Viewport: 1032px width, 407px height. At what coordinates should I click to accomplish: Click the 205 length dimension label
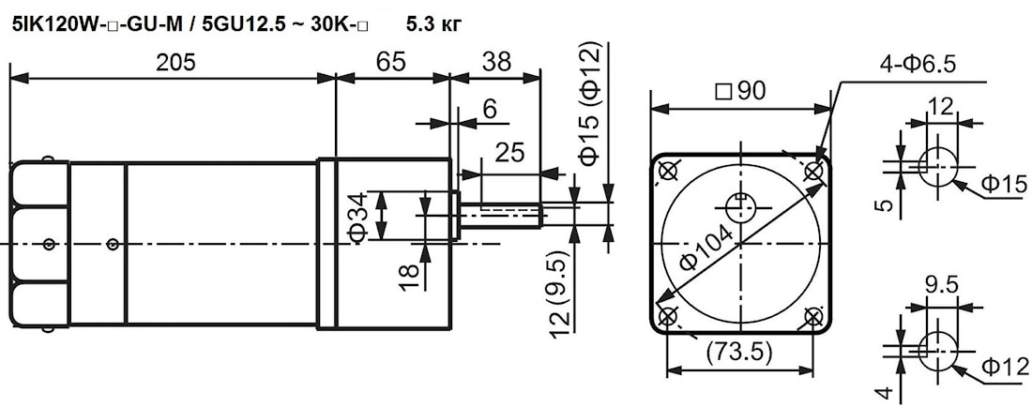pyautogui.click(x=175, y=63)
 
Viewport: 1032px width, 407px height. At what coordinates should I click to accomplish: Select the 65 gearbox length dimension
pyautogui.click(x=390, y=63)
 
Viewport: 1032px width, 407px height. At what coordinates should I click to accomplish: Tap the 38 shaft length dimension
pyautogui.click(x=496, y=63)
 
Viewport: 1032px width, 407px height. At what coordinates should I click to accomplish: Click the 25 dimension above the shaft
pyautogui.click(x=510, y=153)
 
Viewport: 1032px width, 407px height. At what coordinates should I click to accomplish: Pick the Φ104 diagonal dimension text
pyautogui.click(x=706, y=248)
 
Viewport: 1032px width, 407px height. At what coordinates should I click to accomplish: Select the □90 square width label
pyautogui.click(x=740, y=91)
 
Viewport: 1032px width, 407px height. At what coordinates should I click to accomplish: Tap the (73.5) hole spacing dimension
pyautogui.click(x=739, y=353)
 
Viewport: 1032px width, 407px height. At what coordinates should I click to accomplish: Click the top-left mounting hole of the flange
pyautogui.click(x=667, y=171)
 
